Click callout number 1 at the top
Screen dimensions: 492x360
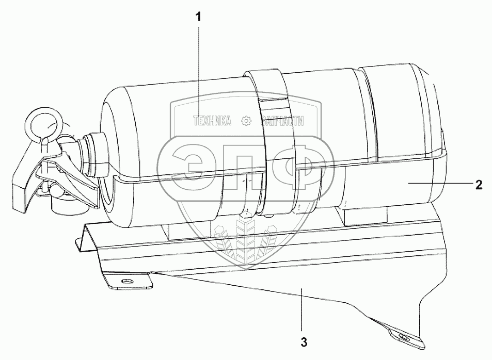coord(199,17)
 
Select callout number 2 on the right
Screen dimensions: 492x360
coord(479,185)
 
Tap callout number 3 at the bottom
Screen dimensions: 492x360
coord(304,341)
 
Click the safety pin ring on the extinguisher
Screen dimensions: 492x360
coord(43,124)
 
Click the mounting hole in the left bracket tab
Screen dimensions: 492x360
coord(125,281)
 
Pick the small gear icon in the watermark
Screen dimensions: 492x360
coord(246,122)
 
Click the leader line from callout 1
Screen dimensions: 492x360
coord(199,67)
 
